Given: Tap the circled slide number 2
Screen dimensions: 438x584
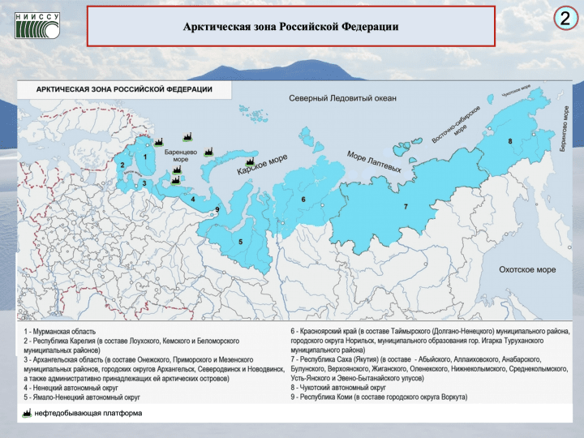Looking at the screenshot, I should [564, 19].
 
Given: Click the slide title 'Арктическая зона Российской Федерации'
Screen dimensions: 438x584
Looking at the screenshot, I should [290, 27].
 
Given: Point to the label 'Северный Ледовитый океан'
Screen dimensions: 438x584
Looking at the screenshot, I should [343, 99].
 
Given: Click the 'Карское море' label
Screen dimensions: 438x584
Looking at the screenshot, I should [262, 166].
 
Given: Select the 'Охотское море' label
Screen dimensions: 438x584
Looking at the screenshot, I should [527, 269].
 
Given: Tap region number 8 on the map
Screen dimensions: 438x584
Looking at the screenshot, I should [509, 142].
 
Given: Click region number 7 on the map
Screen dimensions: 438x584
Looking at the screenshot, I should [405, 207].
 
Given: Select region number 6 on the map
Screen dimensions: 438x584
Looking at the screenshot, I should [303, 199].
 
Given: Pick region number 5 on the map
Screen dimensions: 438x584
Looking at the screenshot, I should [242, 242].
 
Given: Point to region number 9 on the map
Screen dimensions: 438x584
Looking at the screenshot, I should [217, 211].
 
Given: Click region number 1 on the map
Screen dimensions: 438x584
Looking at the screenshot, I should [145, 157].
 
